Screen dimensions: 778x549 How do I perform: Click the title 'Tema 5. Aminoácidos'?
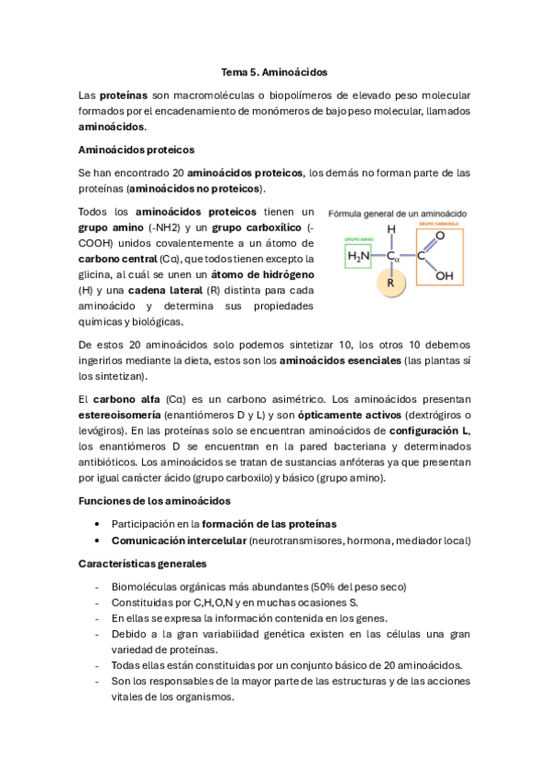(274, 71)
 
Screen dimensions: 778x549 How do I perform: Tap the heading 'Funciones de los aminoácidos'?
(154, 500)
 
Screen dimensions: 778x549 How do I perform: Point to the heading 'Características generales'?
(142, 563)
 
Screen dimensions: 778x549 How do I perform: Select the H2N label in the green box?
(358, 257)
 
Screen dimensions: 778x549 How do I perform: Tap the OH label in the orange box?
(444, 274)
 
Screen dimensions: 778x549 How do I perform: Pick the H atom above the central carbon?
(391, 229)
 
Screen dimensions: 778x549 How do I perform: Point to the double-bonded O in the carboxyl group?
(440, 236)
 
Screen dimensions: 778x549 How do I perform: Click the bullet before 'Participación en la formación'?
(97, 523)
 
